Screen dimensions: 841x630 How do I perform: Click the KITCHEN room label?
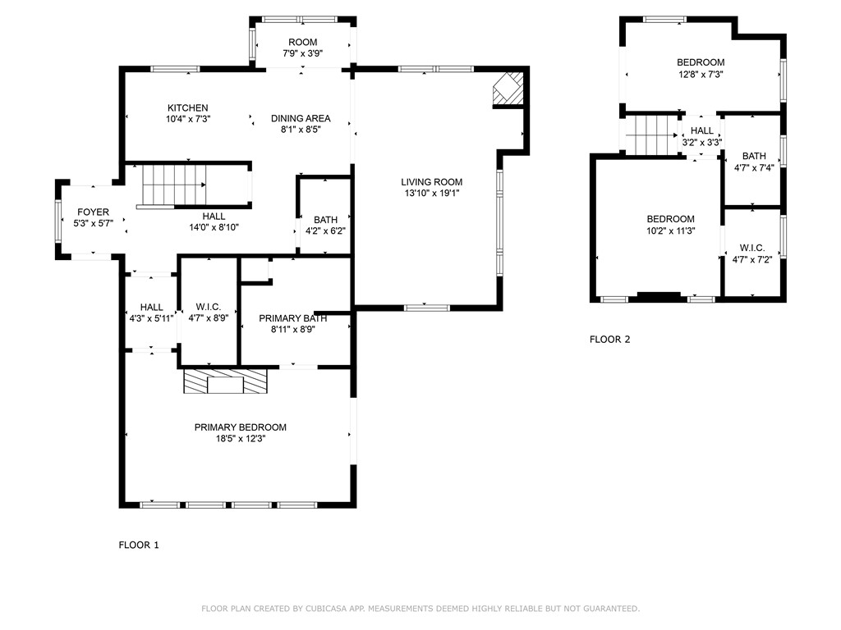pos(188,107)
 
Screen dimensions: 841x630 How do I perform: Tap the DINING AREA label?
pos(301,118)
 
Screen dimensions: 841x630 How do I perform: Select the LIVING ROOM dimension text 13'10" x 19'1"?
pos(432,193)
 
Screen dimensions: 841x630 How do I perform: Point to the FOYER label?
pos(93,212)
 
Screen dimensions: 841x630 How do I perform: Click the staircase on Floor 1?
pos(174,185)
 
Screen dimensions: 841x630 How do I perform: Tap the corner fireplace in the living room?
pos(508,88)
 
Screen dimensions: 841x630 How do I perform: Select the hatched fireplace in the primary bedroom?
pos(225,381)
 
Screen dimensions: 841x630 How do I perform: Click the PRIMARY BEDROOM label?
pos(241,427)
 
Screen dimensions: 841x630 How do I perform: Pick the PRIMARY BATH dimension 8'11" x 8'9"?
pos(293,330)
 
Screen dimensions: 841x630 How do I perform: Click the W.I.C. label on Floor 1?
pos(208,307)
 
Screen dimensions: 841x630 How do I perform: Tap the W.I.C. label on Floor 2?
pos(752,248)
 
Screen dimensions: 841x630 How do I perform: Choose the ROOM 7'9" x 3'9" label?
pos(302,48)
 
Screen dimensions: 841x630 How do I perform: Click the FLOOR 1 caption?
pos(139,546)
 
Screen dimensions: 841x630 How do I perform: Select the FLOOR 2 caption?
pos(610,340)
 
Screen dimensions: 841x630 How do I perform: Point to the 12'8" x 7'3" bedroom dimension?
pos(701,75)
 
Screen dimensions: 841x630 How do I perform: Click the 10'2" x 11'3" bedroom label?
pos(670,225)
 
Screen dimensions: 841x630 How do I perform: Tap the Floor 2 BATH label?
pos(754,156)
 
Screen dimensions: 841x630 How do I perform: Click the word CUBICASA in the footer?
pos(324,609)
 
